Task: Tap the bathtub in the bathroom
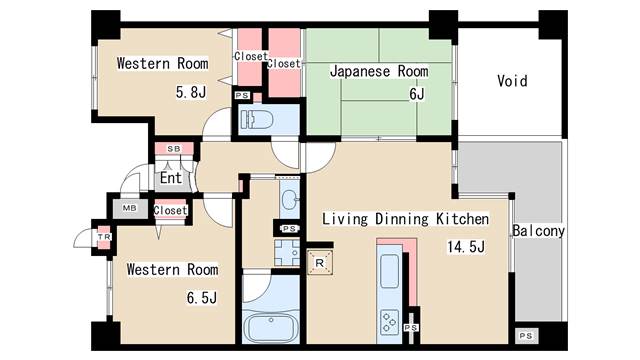click(272, 329)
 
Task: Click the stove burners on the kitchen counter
click(389, 321)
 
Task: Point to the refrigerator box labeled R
click(318, 262)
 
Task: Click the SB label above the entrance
click(173, 148)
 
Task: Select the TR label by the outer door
click(102, 237)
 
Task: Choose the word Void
click(512, 81)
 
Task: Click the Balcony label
click(538, 231)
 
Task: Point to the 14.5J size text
click(465, 247)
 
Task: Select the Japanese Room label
click(379, 71)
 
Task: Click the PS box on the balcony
click(525, 334)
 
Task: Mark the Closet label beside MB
click(171, 210)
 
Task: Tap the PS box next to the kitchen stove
click(410, 327)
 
